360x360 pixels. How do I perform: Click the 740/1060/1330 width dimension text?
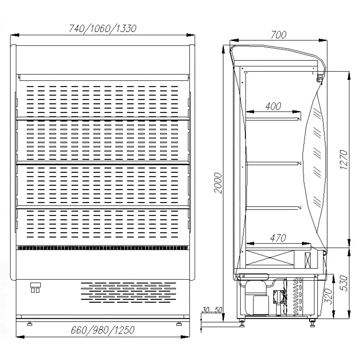tap(103, 28)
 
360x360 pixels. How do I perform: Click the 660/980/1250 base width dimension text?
tap(103, 330)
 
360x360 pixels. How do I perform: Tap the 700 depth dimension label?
tap(279, 35)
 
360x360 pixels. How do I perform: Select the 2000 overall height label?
tap(219, 183)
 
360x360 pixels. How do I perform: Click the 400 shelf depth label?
tap(273, 106)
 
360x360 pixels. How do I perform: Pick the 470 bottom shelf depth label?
tap(278, 238)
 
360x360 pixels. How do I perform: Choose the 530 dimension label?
tap(344, 283)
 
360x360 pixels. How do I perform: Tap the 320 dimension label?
tap(329, 296)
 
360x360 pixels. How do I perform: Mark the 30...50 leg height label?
tap(212, 310)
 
